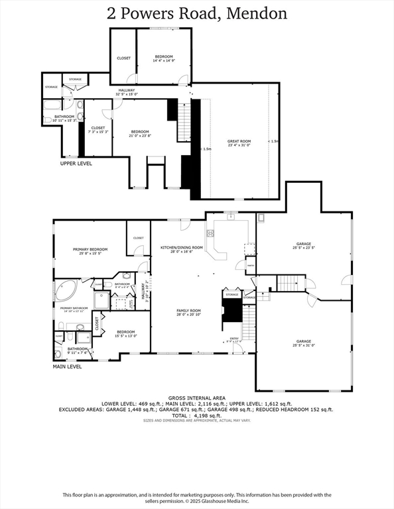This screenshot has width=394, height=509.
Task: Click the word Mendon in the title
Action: click(x=257, y=13)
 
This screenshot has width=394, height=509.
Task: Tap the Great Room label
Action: click(x=239, y=142)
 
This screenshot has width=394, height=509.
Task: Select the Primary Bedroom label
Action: click(x=90, y=251)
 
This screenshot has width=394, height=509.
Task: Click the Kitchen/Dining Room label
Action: click(x=181, y=249)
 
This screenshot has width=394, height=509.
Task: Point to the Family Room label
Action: click(x=188, y=311)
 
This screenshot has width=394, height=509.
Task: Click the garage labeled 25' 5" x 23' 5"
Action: click(x=303, y=245)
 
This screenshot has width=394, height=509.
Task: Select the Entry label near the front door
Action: click(x=234, y=340)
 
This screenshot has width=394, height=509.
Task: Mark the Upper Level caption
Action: click(x=76, y=163)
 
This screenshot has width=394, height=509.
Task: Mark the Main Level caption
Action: click(x=68, y=366)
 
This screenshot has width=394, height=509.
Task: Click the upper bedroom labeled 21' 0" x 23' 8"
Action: click(x=140, y=133)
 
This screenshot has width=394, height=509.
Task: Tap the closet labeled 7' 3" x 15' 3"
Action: click(x=98, y=129)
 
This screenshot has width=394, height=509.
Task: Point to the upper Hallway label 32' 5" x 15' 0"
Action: click(x=126, y=92)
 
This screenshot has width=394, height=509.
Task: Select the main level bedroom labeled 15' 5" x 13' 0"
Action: click(x=126, y=333)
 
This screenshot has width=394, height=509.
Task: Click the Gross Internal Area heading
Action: click(x=196, y=398)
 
